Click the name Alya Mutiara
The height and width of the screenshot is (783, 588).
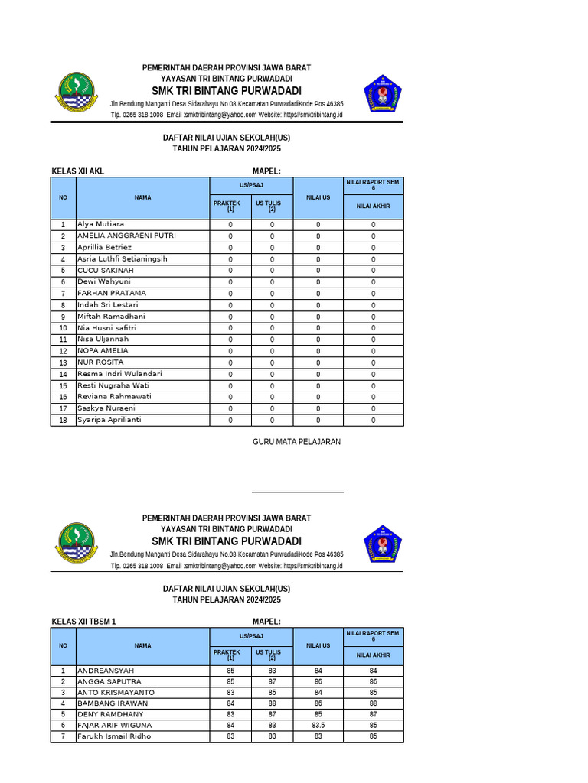pyautogui.click(x=100, y=224)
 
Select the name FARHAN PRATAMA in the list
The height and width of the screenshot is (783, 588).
pyautogui.click(x=112, y=293)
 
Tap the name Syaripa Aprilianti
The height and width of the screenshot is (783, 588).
pyautogui.click(x=109, y=420)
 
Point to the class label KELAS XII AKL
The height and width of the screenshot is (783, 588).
pyautogui.click(x=77, y=171)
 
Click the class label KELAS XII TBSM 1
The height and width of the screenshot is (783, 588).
pyautogui.click(x=83, y=622)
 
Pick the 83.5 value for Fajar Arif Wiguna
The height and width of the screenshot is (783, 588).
pyautogui.click(x=318, y=725)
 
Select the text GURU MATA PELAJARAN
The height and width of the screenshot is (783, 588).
pyautogui.click(x=296, y=442)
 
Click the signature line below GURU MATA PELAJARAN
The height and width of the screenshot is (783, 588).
pyautogui.click(x=297, y=492)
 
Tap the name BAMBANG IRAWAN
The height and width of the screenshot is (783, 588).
pyautogui.click(x=113, y=703)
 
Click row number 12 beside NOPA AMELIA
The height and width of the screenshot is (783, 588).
pyautogui.click(x=63, y=351)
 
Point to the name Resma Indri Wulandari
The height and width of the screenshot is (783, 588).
pyautogui.click(x=119, y=374)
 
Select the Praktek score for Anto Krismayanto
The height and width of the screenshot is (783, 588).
pyautogui.click(x=230, y=692)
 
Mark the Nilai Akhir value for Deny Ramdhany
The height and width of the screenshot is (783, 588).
pyautogui.click(x=373, y=714)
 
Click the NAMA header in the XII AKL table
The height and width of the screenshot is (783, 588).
pyautogui.click(x=142, y=197)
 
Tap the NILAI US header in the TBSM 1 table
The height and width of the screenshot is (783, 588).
pyautogui.click(x=318, y=645)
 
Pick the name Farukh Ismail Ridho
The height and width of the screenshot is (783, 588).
pyautogui.click(x=114, y=736)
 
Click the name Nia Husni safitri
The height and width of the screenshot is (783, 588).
pyautogui.click(x=106, y=327)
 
